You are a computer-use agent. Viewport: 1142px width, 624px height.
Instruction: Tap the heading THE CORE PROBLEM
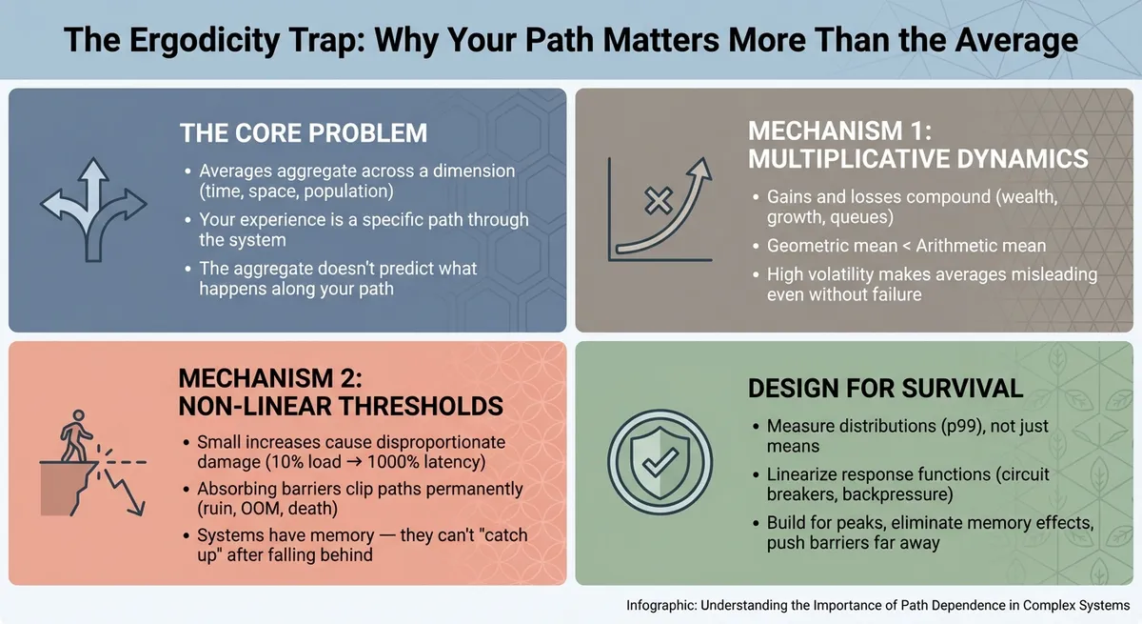point(304,132)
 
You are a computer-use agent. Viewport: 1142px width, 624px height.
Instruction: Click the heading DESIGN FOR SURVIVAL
point(885,388)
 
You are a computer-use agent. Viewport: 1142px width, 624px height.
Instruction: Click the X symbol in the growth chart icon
point(657,201)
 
